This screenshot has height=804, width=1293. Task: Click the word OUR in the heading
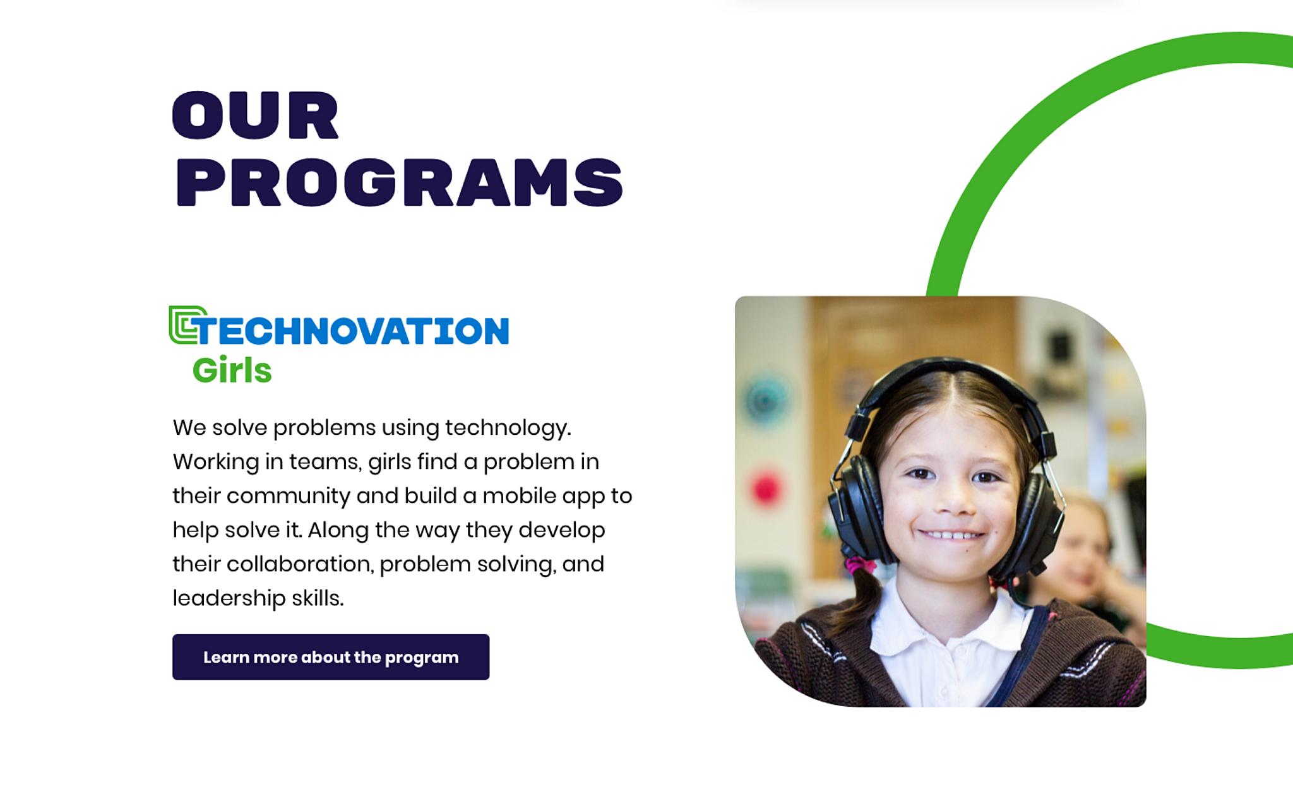click(x=256, y=115)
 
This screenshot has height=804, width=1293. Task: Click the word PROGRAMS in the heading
click(x=399, y=182)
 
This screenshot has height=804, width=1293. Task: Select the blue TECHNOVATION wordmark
click(x=352, y=331)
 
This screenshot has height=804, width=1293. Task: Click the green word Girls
click(x=232, y=370)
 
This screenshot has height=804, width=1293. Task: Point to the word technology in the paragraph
click(x=508, y=429)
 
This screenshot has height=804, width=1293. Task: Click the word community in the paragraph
click(x=288, y=497)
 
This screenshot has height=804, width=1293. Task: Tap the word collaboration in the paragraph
click(x=299, y=564)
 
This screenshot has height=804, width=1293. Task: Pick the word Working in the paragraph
click(x=216, y=463)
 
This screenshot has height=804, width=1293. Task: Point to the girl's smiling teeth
click(x=951, y=536)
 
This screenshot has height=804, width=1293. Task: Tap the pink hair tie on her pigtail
click(x=859, y=564)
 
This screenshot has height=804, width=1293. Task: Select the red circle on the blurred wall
click(x=766, y=488)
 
